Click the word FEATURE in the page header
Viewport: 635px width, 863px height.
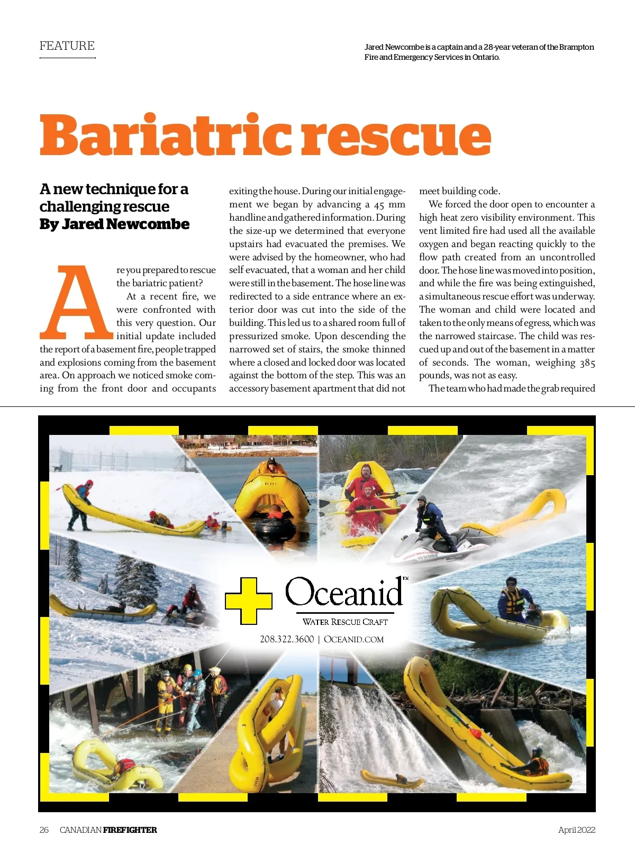[67, 46]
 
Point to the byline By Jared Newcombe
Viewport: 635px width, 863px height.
[114, 224]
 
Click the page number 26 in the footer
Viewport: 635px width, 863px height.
[44, 830]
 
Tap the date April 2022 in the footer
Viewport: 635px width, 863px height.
[576, 830]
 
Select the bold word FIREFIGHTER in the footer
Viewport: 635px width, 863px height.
[130, 830]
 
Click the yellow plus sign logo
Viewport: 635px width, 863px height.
[249, 600]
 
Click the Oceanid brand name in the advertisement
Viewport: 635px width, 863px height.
[344, 592]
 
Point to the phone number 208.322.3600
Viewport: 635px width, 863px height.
[286, 639]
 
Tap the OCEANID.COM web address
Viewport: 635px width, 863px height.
[353, 639]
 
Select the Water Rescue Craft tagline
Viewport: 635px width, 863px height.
[345, 622]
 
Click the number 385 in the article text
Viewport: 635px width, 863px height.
[587, 362]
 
